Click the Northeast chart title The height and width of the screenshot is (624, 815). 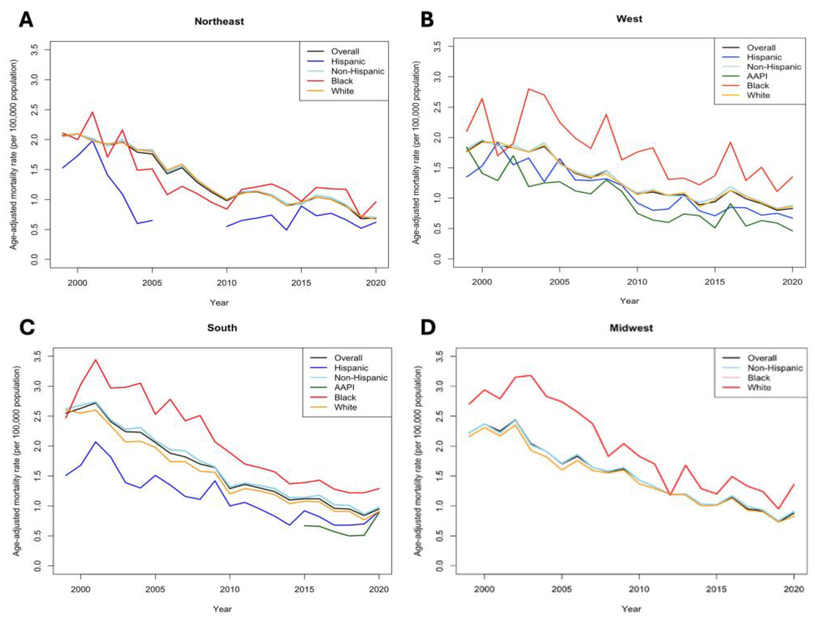[x=219, y=21]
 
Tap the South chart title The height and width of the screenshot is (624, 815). [x=222, y=328]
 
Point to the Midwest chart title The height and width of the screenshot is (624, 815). [x=631, y=328]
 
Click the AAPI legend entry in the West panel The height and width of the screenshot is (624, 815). [x=757, y=76]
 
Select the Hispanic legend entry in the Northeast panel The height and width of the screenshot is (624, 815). [x=348, y=61]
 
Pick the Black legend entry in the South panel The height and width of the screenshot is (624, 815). [x=345, y=397]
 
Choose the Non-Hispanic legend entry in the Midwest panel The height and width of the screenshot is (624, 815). [x=775, y=368]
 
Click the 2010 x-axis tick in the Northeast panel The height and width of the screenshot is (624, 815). [x=227, y=283]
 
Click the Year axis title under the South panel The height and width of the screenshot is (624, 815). [x=222, y=609]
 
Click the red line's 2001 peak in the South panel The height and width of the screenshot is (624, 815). [x=96, y=360]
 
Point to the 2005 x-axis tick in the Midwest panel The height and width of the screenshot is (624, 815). [x=562, y=590]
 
